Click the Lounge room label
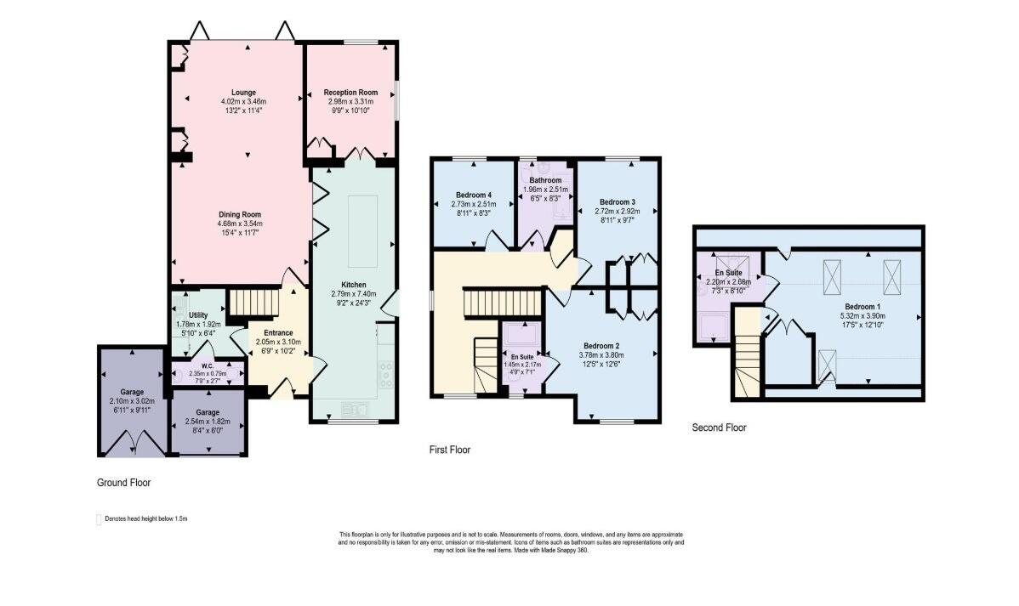coord(244,93)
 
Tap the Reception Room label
coord(350,93)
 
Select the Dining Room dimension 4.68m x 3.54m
coord(240,224)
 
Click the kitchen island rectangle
coord(362,231)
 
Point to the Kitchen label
coord(354,285)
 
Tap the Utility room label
coord(198,315)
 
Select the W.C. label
coord(208,366)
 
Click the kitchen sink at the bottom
coord(354,409)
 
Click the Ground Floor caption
coord(123,483)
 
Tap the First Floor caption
coord(450,450)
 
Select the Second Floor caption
coord(719,428)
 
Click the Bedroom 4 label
coord(473,195)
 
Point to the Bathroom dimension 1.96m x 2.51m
coord(545,190)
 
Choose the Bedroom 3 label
coord(617,202)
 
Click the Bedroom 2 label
coord(601,346)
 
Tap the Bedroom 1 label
coord(862,307)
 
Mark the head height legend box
coord(99,519)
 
